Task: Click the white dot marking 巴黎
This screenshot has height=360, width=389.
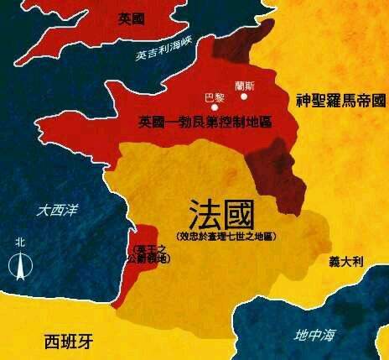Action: tap(215, 107)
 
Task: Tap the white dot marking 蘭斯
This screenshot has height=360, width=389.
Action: tap(245, 96)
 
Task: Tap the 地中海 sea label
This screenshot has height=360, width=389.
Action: tap(314, 336)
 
